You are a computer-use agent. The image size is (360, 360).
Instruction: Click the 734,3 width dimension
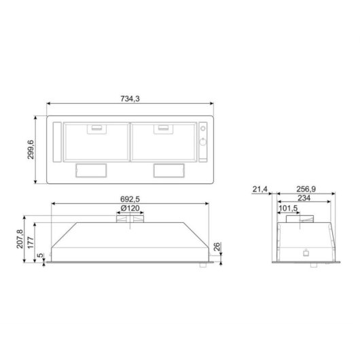tap(130, 99)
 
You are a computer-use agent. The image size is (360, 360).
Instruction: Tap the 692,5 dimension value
tap(130, 200)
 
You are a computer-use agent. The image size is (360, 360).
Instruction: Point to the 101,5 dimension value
tap(288, 209)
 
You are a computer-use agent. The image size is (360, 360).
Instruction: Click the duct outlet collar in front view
tap(130, 219)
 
